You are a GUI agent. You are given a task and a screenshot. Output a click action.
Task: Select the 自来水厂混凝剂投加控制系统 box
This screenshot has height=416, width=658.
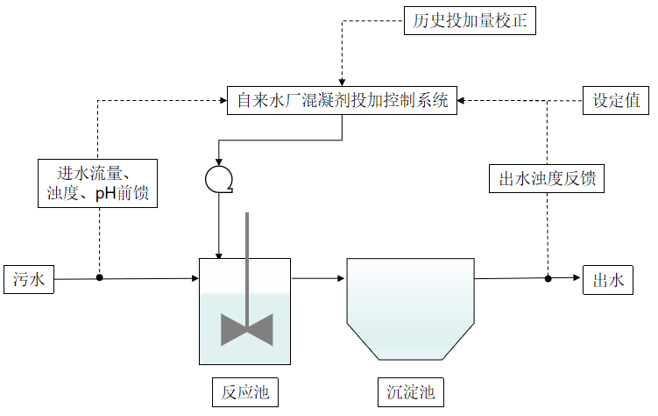click(343, 100)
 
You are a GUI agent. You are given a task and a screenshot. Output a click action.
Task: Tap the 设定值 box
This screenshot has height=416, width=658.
click(616, 100)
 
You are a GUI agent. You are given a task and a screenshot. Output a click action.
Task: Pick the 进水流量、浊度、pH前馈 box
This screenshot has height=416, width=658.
click(98, 183)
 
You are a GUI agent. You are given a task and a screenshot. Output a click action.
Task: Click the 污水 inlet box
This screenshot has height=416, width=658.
click(29, 280)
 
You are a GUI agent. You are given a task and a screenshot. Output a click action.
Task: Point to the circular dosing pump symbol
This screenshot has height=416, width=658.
click(216, 179)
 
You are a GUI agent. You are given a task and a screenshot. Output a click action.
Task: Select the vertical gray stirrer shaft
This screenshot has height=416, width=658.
click(248, 263)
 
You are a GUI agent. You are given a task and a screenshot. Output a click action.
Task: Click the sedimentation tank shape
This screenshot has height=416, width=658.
click(410, 307)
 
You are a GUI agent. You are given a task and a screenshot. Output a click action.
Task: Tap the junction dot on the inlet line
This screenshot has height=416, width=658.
click(99, 278)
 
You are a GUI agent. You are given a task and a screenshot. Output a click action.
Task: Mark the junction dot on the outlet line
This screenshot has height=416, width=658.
click(548, 278)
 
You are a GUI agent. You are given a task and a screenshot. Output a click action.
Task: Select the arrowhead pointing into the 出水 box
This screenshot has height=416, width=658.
click(577, 278)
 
